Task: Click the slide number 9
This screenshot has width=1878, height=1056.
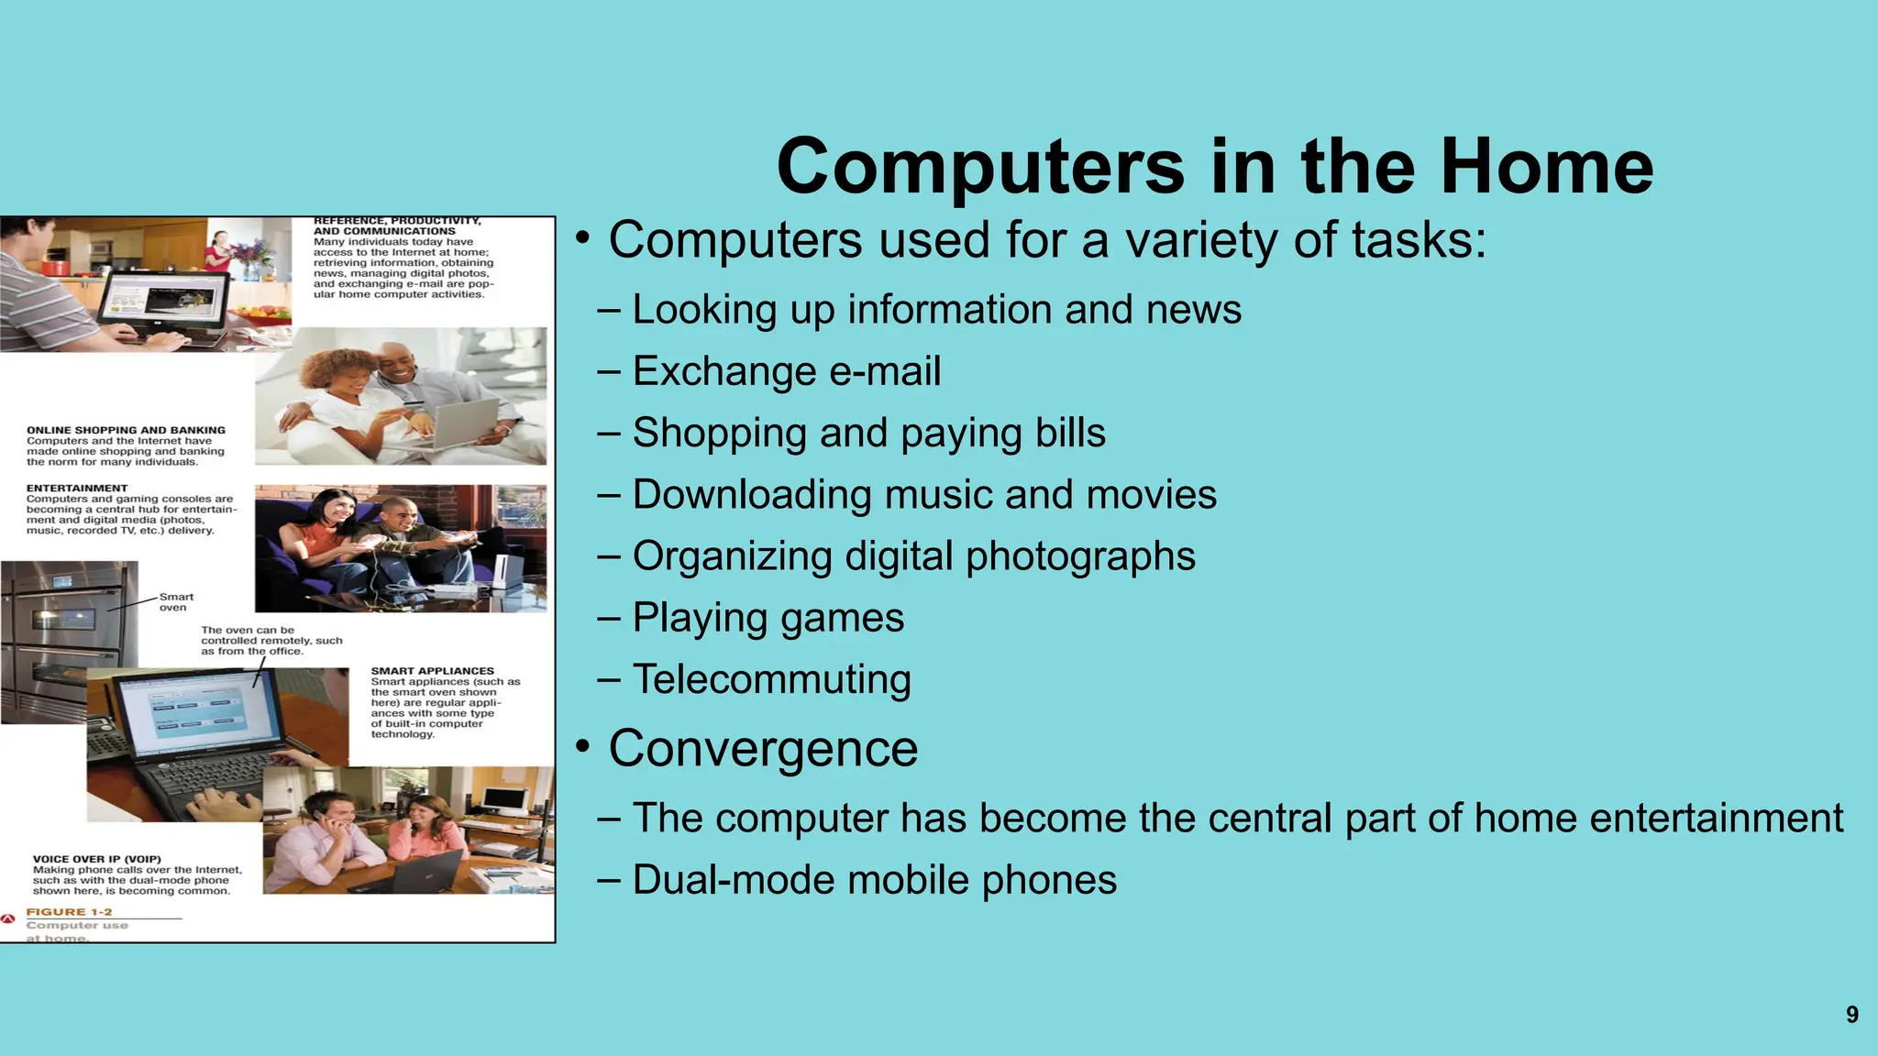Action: tap(1851, 1015)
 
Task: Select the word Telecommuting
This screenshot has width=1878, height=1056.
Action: tap(771, 679)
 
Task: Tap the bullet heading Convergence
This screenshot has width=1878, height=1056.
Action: tap(763, 748)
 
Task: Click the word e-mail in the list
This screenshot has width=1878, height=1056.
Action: tap(885, 371)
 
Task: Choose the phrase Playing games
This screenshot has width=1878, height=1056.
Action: tap(768, 618)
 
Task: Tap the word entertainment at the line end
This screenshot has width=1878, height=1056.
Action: tap(1716, 818)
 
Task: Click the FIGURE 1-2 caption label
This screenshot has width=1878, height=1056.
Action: tap(69, 911)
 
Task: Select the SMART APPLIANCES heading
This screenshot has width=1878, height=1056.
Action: tap(432, 671)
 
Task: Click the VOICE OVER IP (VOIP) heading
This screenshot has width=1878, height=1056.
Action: tap(96, 859)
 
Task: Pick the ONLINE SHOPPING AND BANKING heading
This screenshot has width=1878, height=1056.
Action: tap(126, 430)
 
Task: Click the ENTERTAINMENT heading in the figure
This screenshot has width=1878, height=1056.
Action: tap(77, 488)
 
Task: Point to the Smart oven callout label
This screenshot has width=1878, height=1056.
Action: tap(175, 601)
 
